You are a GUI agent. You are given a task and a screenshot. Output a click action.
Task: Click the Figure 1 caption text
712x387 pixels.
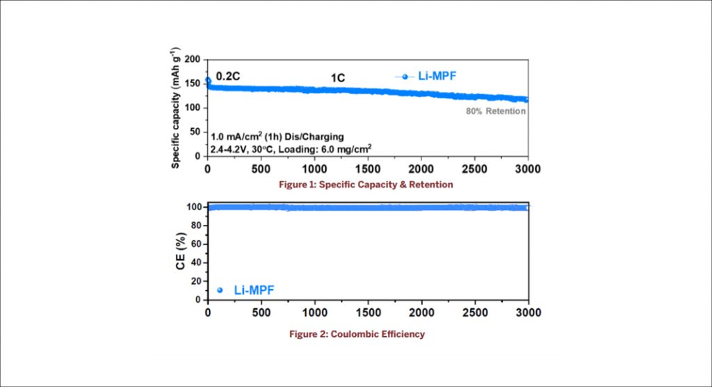pos(357,185)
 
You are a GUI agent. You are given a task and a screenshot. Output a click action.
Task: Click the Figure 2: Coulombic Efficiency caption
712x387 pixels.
pos(357,334)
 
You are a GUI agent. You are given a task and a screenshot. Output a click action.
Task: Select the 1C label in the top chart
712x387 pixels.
pos(337,78)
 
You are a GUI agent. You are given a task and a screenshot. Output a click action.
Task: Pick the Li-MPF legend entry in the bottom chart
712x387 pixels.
pos(257,290)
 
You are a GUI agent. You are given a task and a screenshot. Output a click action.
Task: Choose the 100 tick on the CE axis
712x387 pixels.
pos(194,207)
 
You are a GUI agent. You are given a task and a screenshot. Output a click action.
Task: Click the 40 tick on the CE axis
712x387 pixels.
pos(197,262)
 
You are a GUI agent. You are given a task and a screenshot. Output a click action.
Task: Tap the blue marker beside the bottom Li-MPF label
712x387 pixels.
pos(220,290)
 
